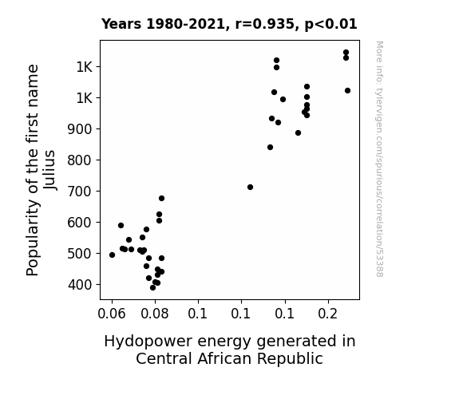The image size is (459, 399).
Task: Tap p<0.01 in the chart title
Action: pyautogui.click(x=330, y=25)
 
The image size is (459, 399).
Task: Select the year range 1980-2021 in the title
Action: pyautogui.click(x=186, y=24)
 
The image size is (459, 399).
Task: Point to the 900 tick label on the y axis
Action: pyautogui.click(x=80, y=129)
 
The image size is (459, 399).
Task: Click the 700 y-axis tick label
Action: pyautogui.click(x=80, y=192)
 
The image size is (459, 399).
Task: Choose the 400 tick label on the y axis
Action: pyautogui.click(x=80, y=285)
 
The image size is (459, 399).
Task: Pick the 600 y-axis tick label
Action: pyautogui.click(x=80, y=223)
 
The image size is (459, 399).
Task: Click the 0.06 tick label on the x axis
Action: pyautogui.click(x=112, y=314)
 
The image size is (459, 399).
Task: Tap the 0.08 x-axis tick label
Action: pyautogui.click(x=155, y=314)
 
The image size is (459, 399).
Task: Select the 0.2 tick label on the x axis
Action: pyautogui.click(x=328, y=314)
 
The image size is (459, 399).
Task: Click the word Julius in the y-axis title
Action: pyautogui.click(x=49, y=170)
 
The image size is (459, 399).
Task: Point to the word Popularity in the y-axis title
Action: pyautogui.click(x=32, y=238)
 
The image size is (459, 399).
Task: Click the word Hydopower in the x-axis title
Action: pyautogui.click(x=148, y=342)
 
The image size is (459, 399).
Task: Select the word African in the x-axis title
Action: pyautogui.click(x=224, y=359)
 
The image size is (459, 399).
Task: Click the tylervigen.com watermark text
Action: pyautogui.click(x=379, y=159)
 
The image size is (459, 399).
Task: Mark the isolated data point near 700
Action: pyautogui.click(x=250, y=187)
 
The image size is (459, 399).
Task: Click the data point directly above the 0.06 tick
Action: pyautogui.click(x=112, y=255)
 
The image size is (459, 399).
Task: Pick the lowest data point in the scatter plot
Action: pyautogui.click(x=152, y=288)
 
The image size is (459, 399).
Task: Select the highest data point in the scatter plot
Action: pyautogui.click(x=346, y=53)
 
